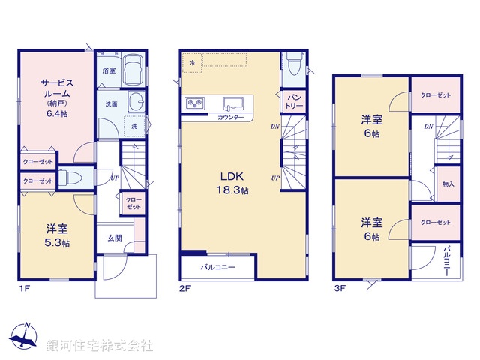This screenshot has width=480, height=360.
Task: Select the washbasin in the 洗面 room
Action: point(136,103)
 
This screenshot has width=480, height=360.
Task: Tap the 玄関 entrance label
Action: point(113,238)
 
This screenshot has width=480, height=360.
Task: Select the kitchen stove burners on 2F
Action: point(194,103)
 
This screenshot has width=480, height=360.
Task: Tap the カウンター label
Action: point(230,118)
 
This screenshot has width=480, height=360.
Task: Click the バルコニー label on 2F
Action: point(217,266)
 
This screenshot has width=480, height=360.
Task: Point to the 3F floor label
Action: point(340,286)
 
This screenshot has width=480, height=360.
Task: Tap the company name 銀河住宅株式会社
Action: point(100,345)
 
